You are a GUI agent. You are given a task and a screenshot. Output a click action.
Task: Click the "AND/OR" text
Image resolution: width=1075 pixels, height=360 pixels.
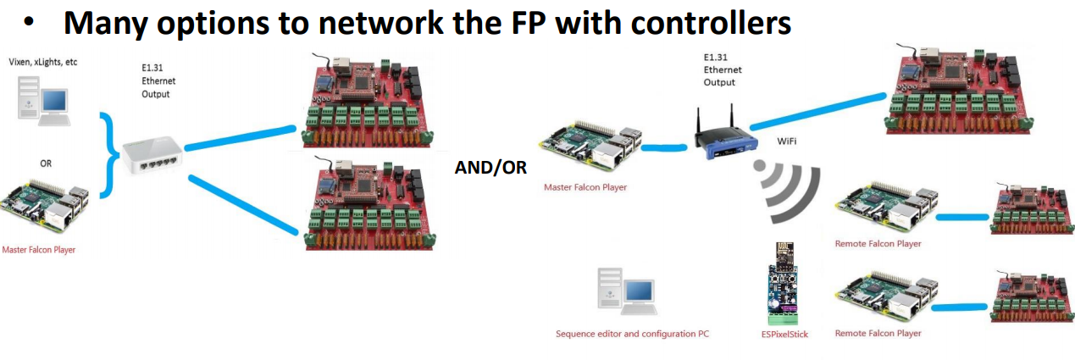point(490,168)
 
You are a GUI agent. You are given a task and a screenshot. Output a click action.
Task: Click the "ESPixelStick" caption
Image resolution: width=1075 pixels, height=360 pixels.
point(784,334)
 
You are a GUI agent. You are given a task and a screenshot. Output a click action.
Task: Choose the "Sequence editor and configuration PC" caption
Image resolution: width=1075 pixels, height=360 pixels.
point(632,334)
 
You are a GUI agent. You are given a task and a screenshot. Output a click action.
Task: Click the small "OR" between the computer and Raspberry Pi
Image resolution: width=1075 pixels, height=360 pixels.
point(46,163)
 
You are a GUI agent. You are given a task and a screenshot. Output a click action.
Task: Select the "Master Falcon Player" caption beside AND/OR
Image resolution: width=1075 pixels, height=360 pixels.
point(585,187)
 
